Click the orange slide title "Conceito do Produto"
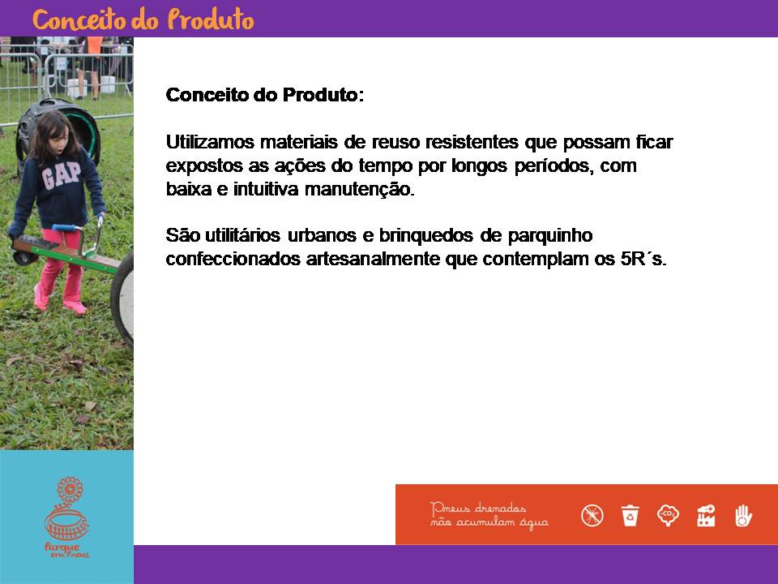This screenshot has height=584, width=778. (x=143, y=19)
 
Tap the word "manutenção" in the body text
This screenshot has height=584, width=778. (x=359, y=189)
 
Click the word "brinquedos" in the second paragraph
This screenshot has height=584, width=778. (x=426, y=235)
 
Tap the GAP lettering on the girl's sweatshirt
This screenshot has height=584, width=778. (x=61, y=175)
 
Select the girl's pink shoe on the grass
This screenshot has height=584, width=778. (x=75, y=307)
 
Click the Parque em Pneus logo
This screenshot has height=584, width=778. (x=67, y=517)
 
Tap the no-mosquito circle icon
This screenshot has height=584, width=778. (x=592, y=515)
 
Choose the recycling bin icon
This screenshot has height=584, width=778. (x=630, y=515)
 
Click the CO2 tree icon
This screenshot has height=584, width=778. (x=668, y=515)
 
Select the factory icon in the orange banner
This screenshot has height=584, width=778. (x=706, y=515)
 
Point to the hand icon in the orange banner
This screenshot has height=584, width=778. (x=743, y=515)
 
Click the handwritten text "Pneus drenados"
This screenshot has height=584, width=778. (x=478, y=508)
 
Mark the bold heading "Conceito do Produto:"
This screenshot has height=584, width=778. (x=265, y=94)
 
